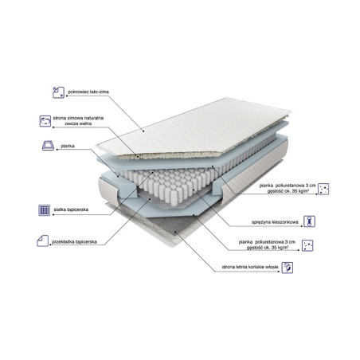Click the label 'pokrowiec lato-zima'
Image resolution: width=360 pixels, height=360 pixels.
click(90, 92)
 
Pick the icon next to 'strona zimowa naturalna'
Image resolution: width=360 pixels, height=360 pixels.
click(46, 121)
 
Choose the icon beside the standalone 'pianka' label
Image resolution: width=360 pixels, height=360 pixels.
click(46, 147)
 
